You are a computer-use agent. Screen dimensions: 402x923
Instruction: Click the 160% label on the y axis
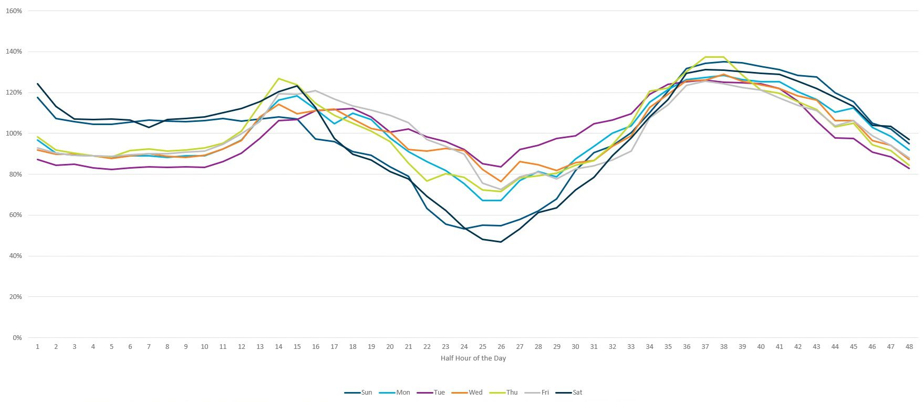pos(14,11)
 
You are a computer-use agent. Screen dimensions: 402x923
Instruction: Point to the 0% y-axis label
pos(17,338)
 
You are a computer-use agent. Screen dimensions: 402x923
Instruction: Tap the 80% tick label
pos(15,174)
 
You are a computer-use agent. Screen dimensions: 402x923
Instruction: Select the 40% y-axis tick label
pos(15,256)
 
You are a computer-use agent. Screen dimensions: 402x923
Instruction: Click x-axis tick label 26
pos(501,347)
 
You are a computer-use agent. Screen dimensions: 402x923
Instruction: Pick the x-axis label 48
pos(909,347)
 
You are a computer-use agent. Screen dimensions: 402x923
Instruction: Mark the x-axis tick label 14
pos(278,347)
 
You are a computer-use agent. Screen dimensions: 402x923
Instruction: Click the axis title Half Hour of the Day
pos(473,358)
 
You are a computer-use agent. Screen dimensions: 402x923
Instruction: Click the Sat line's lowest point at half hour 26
pos(501,242)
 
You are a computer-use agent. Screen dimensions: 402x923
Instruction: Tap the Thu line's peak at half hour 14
pos(278,79)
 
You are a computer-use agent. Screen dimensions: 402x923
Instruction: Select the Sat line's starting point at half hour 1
pos(38,84)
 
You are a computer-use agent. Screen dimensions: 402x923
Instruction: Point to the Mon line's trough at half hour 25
pos(483,200)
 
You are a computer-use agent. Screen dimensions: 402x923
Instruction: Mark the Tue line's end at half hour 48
pos(909,168)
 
